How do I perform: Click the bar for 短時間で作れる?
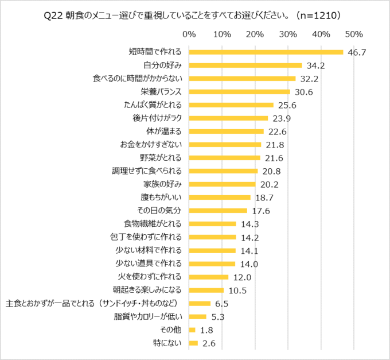[x=266, y=52]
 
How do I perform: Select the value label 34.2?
[x=315, y=65]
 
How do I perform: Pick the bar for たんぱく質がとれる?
[x=231, y=104]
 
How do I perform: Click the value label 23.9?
[x=281, y=118]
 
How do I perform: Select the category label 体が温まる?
[x=164, y=131]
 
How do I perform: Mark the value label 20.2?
[x=268, y=184]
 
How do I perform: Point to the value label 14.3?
[x=249, y=224]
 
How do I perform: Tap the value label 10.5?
[x=237, y=291]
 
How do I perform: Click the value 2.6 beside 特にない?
[x=208, y=343]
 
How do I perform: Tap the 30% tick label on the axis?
[x=287, y=34]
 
